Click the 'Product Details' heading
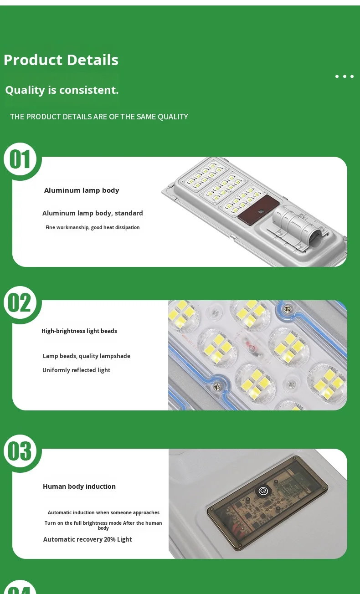pyautogui.click(x=61, y=60)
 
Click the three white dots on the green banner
pyautogui.click(x=345, y=77)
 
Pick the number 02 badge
pyautogui.click(x=20, y=302)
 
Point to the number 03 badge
pyautogui.click(x=20, y=451)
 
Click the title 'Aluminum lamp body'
pyautogui.click(x=82, y=190)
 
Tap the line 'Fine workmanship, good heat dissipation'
pyautogui.click(x=93, y=227)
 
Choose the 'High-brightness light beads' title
pyautogui.click(x=79, y=331)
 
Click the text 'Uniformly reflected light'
pyautogui.click(x=76, y=370)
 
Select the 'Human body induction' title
pyautogui.click(x=79, y=486)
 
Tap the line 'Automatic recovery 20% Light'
pyautogui.click(x=87, y=539)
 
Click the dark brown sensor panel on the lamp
pyautogui.click(x=258, y=210)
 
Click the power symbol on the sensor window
pyautogui.click(x=263, y=491)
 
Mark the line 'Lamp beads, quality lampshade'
pyautogui.click(x=87, y=356)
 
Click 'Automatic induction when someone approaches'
pyautogui.click(x=103, y=512)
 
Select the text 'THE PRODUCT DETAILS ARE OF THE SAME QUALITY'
pyautogui.click(x=99, y=117)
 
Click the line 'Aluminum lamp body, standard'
pyautogui.click(x=93, y=213)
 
